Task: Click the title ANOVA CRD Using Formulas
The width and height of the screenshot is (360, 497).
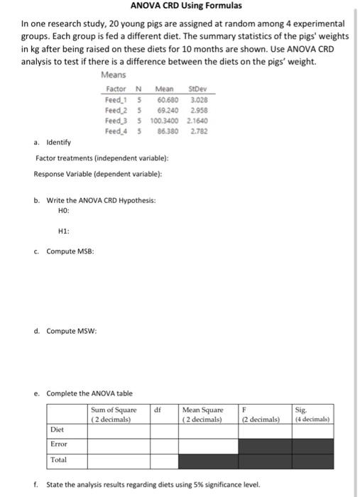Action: [x=181, y=6]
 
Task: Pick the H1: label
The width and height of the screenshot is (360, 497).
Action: [x=64, y=231]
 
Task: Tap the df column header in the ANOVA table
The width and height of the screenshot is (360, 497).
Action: [x=158, y=410]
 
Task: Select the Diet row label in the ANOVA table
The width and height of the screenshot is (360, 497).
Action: [x=57, y=430]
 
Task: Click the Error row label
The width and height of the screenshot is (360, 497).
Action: [x=58, y=445]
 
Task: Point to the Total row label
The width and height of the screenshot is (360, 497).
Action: [x=58, y=461]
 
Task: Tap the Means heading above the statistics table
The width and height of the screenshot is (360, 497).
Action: [x=114, y=75]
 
